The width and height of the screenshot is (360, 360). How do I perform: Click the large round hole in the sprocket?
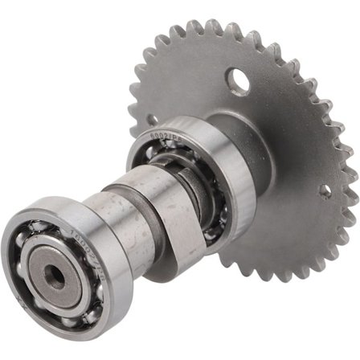237,80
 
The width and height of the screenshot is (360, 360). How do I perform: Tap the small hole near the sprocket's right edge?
325,191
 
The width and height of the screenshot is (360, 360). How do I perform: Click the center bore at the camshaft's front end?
55,278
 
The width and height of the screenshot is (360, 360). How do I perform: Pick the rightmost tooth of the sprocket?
351,174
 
